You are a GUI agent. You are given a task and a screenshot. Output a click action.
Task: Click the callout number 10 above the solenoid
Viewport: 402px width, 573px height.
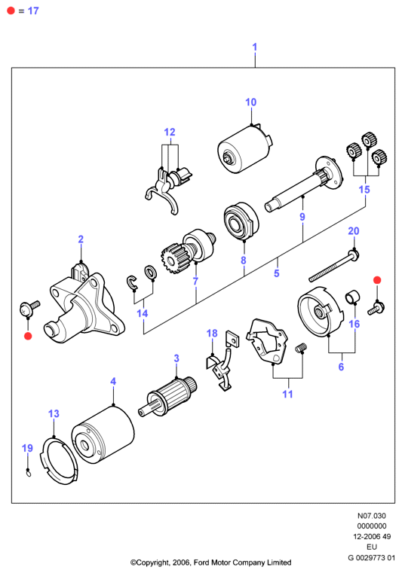click(x=251, y=102)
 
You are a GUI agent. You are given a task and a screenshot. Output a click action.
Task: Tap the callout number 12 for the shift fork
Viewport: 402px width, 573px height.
click(x=170, y=132)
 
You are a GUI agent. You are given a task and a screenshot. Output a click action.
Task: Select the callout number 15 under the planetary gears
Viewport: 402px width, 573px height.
click(x=364, y=189)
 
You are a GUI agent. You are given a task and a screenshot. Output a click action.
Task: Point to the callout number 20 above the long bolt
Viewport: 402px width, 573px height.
click(x=354, y=231)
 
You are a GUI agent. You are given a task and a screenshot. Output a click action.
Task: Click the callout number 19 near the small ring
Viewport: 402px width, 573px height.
click(x=27, y=448)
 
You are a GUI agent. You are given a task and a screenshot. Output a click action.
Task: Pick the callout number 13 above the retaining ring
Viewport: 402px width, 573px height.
click(x=54, y=413)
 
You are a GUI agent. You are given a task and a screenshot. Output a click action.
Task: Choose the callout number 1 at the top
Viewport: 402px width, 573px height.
click(x=255, y=47)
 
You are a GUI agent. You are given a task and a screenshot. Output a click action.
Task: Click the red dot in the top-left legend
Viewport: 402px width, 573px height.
click(x=11, y=11)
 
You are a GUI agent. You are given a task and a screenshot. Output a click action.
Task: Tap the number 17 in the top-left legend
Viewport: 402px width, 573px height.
click(x=33, y=11)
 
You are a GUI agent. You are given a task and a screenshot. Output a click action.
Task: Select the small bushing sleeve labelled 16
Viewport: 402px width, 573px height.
click(x=352, y=297)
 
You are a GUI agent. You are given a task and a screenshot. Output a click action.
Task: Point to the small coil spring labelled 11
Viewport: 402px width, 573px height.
click(x=301, y=348)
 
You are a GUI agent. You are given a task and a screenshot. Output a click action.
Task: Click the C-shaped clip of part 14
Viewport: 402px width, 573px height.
click(x=131, y=283)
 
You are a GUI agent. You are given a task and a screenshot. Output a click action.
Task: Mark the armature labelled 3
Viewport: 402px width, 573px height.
click(x=168, y=397)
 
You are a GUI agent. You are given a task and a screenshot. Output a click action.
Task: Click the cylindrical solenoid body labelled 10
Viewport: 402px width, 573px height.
click(x=245, y=149)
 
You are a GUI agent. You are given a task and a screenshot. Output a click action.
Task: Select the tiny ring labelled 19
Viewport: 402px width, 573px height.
click(x=29, y=474)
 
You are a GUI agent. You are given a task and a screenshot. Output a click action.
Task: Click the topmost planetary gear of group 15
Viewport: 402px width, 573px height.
click(x=367, y=139)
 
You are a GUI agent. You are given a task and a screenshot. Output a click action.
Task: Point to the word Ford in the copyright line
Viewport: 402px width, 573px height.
click(x=201, y=562)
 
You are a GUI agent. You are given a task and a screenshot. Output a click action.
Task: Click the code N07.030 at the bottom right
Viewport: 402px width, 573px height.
click(x=371, y=516)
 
